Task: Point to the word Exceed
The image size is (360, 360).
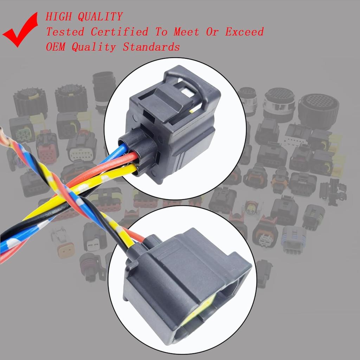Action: tap(244, 32)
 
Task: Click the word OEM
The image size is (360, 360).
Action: tap(56, 47)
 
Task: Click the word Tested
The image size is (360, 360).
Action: tap(65, 32)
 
